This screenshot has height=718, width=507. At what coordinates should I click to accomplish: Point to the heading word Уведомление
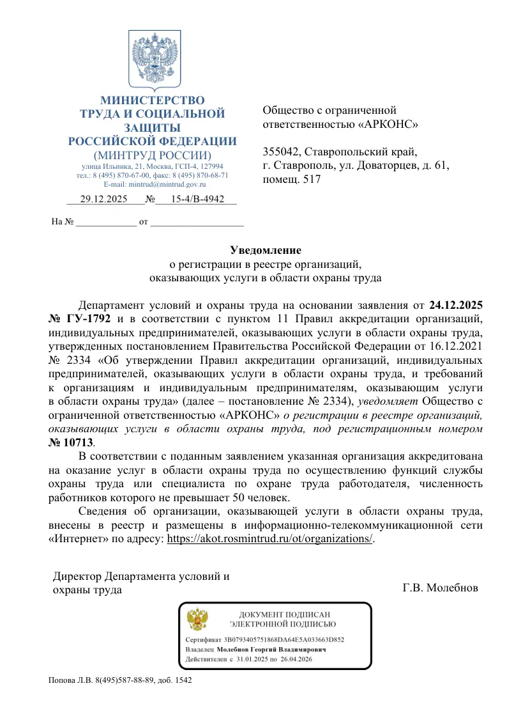click(265, 250)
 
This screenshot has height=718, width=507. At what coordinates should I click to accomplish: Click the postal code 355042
click(282, 152)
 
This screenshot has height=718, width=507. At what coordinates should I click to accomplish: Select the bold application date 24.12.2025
click(455, 303)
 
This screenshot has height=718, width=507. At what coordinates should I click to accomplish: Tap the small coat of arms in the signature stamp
click(197, 619)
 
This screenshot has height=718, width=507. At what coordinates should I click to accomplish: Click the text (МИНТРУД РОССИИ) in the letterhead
click(152, 155)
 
